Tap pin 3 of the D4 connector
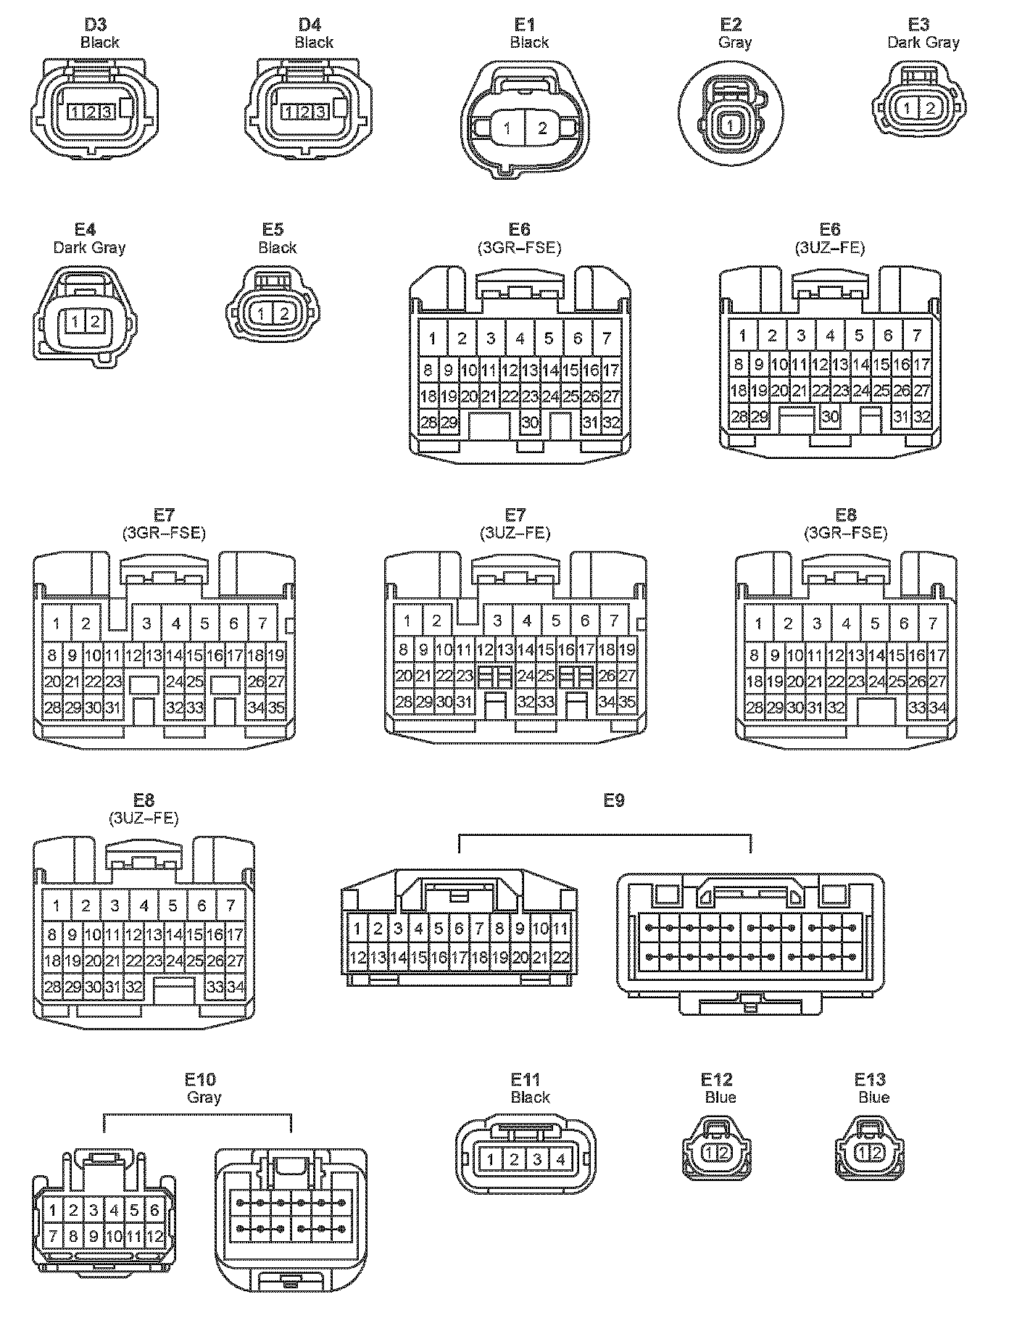[320, 112]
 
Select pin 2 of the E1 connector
[542, 128]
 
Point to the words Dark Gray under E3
[923, 42]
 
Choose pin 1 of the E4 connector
[75, 320]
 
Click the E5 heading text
[273, 230]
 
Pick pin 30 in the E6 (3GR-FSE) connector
[530, 423]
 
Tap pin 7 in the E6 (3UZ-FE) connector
[917, 336]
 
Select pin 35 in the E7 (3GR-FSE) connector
[276, 707]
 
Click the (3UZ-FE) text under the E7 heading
[515, 534]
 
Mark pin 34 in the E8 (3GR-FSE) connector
[937, 707]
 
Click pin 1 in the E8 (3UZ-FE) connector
[56, 905]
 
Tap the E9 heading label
[613, 800]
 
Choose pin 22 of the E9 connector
[561, 957]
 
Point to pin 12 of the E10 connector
[155, 1235]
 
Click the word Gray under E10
[204, 1098]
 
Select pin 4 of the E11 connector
[560, 1160]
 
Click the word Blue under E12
[720, 1098]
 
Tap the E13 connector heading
[870, 1080]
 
